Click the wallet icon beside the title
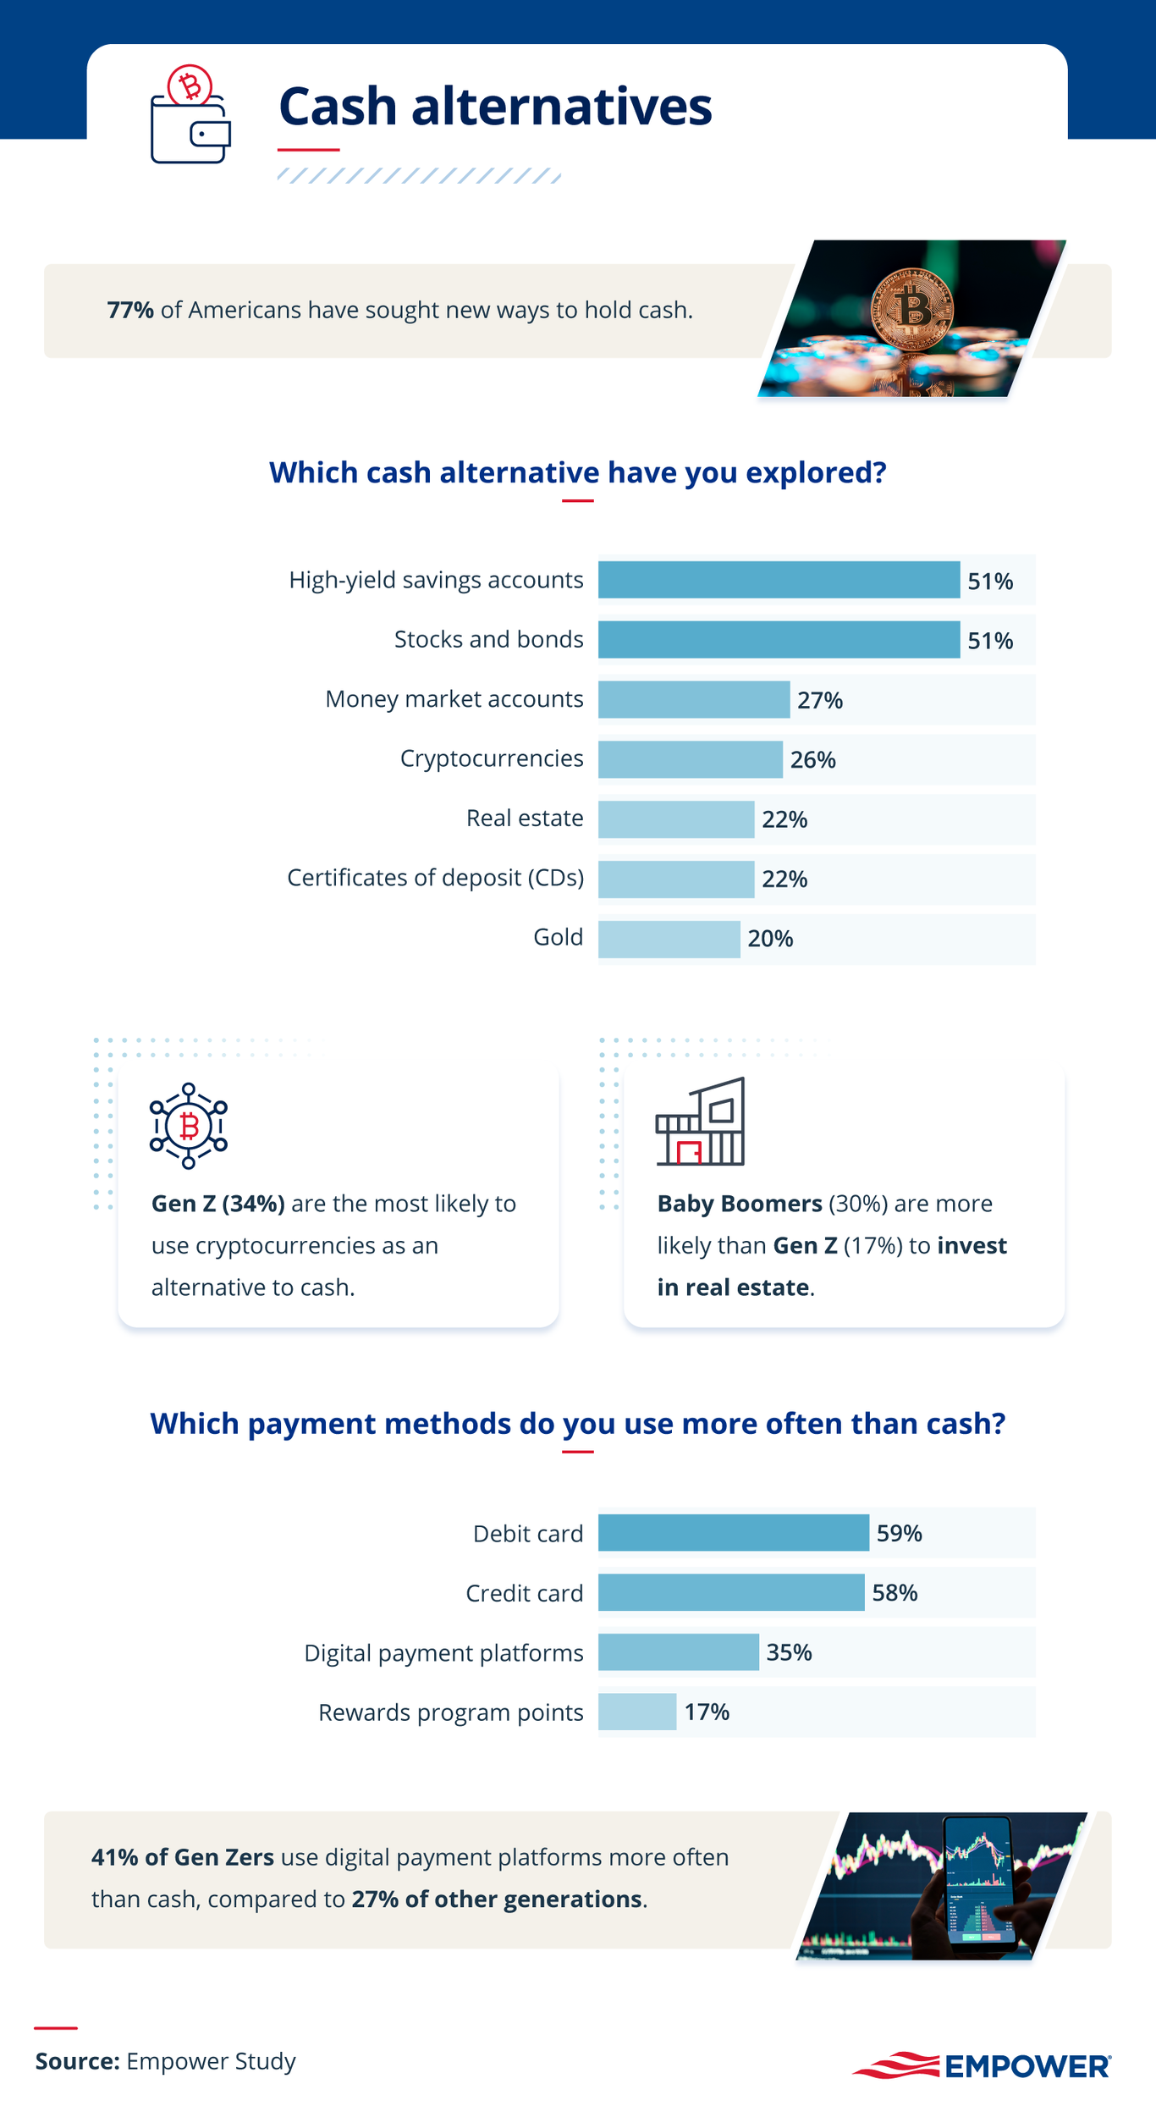[x=190, y=116]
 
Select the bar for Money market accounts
[x=693, y=700]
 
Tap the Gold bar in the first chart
[x=669, y=939]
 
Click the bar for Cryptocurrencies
[x=690, y=759]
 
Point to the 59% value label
[x=899, y=1533]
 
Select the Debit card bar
[x=733, y=1533]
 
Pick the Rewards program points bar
[x=636, y=1712]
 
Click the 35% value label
[x=789, y=1652]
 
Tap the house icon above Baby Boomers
[x=701, y=1122]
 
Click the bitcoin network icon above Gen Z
[x=189, y=1126]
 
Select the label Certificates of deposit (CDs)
[x=435, y=878]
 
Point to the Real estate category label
[x=525, y=819]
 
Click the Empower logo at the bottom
[x=982, y=2065]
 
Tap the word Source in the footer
[x=77, y=2061]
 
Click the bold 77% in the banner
[x=130, y=310]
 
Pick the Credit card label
[x=525, y=1593]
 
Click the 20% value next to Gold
[x=770, y=939]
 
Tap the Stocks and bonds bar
[x=779, y=640]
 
